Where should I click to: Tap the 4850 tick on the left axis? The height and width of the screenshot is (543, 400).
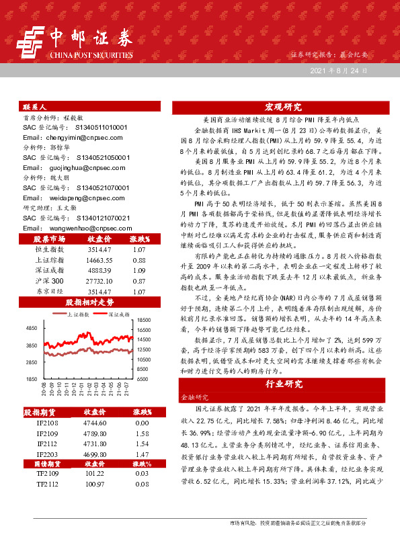click(31, 327)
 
